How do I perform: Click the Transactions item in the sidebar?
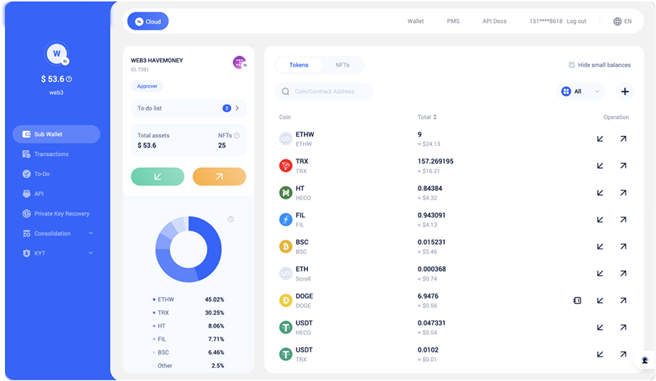45,154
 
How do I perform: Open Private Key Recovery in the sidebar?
56,214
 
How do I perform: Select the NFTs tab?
342,66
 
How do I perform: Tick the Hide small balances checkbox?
571,65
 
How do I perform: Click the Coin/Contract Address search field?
324,91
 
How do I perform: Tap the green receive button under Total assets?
158,177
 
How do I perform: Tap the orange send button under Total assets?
219,177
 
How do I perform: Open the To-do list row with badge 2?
188,108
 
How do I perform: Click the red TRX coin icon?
286,166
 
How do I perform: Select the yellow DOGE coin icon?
286,301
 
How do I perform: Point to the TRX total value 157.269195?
436,161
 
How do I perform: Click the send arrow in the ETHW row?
623,139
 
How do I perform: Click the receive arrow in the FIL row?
600,220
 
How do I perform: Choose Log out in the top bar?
577,21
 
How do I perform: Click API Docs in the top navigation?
494,21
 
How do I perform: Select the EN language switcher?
622,21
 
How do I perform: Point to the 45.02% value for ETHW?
215,300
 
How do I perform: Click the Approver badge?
148,86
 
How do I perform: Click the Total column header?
426,118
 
